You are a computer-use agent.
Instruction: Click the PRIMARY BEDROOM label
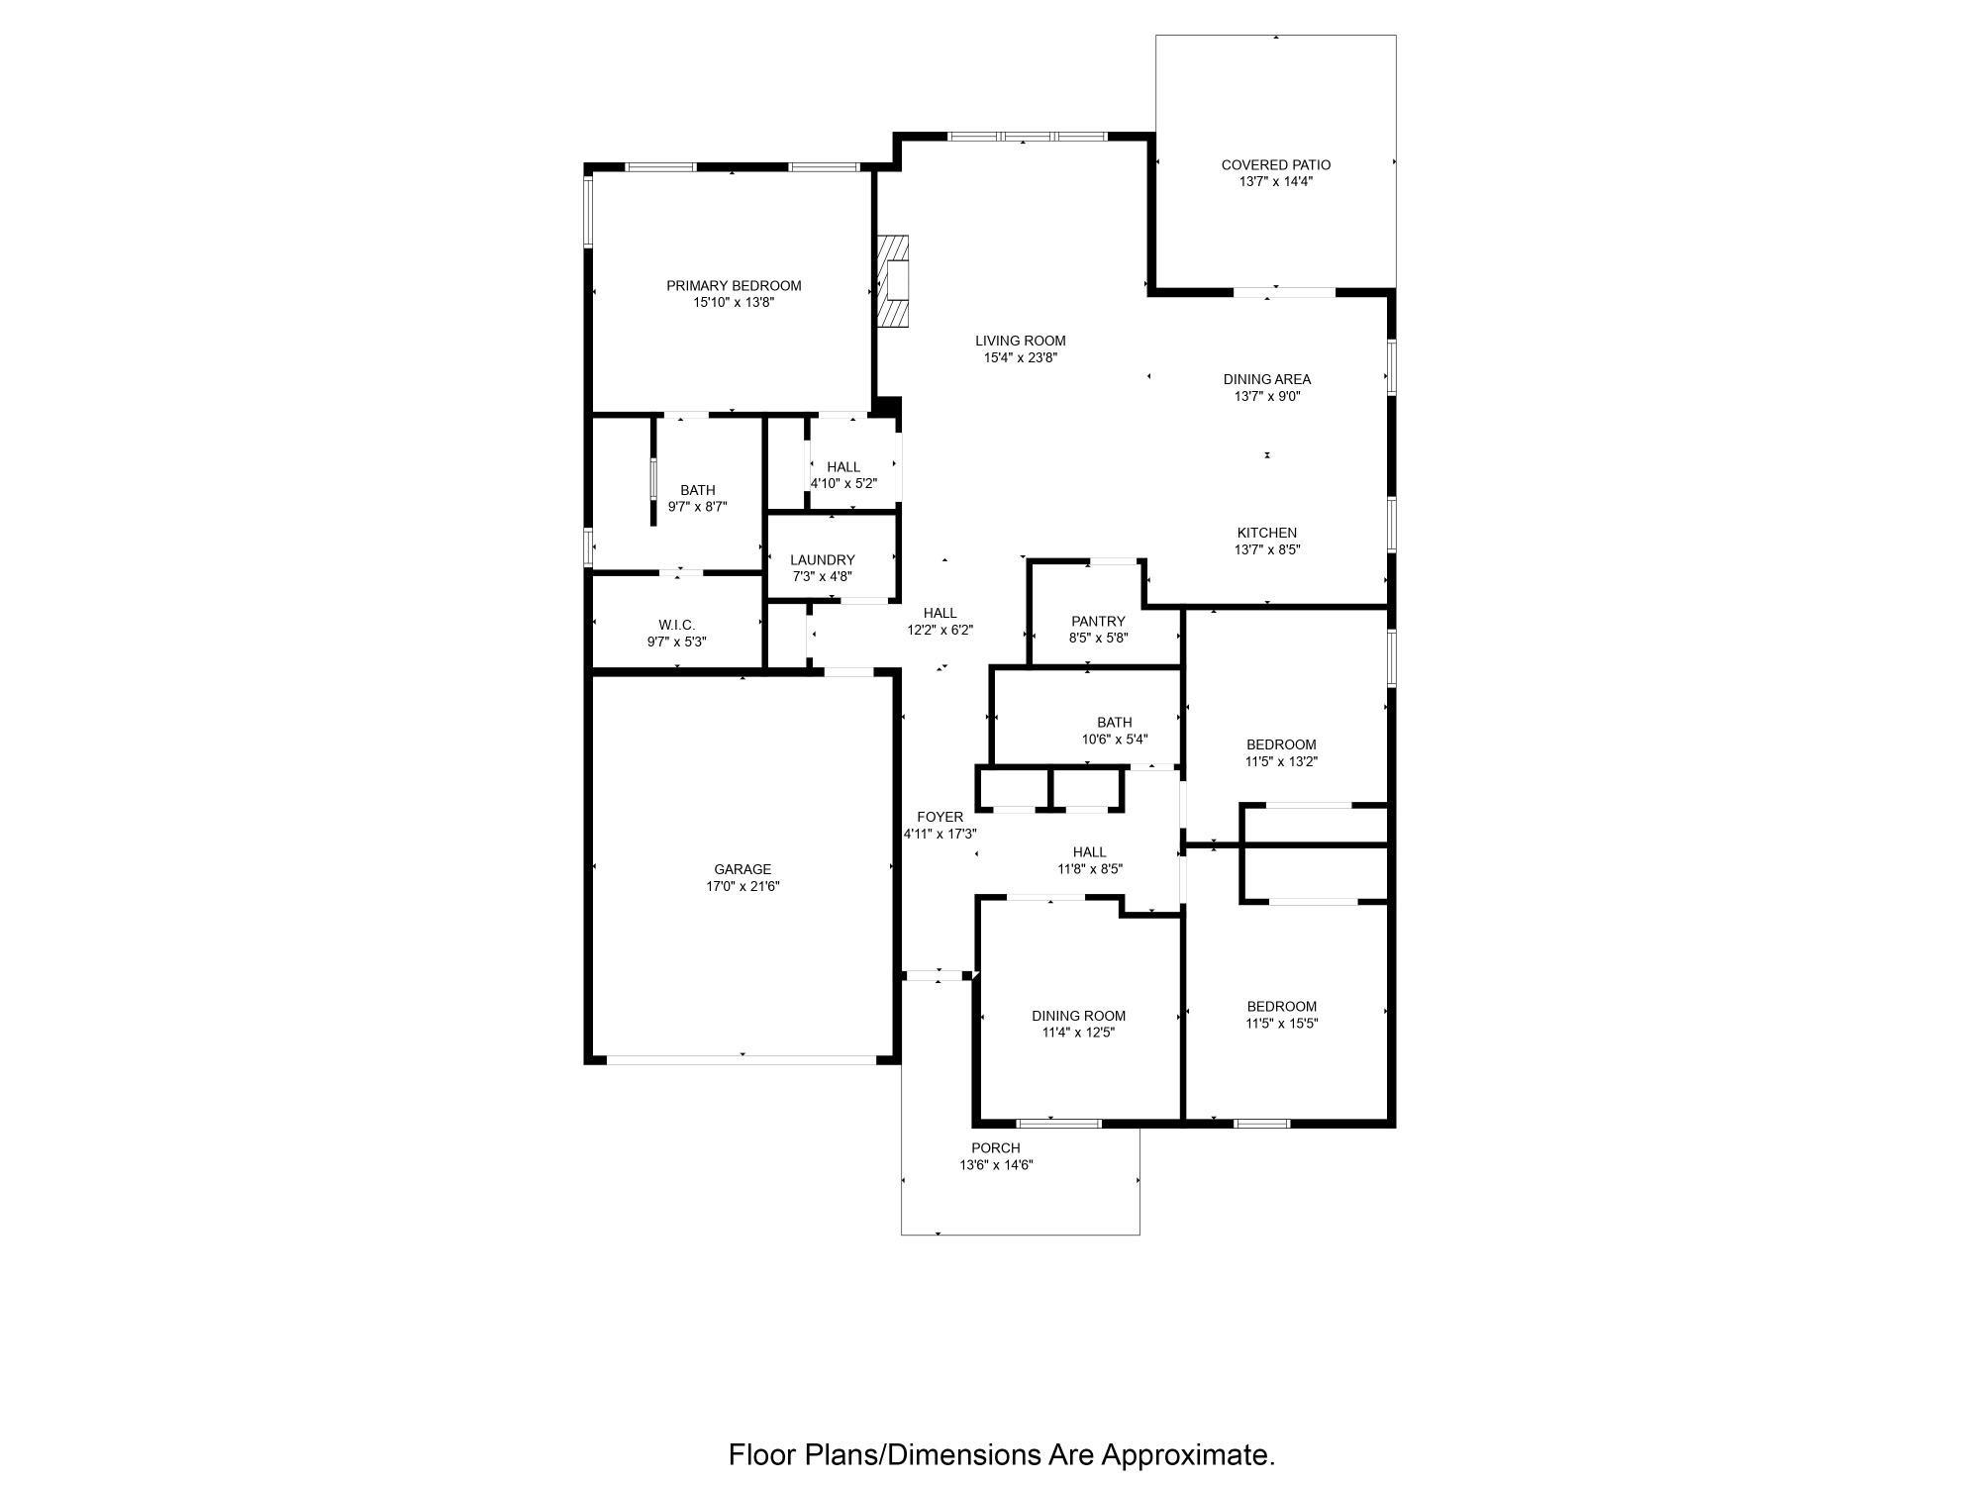[734, 286]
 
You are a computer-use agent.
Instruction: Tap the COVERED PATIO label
[1275, 165]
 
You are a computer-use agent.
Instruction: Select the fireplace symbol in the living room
[894, 281]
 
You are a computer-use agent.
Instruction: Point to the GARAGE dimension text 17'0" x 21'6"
[742, 887]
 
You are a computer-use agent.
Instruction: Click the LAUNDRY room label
[823, 560]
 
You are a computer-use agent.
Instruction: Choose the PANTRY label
[1098, 622]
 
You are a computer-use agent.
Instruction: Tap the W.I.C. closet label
[677, 625]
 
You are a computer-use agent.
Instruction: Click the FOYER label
[940, 817]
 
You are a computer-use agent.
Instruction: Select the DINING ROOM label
[1078, 1016]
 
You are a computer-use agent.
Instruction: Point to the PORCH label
[996, 1148]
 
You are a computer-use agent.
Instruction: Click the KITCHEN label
[1267, 533]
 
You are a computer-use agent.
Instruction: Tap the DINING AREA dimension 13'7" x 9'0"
[1267, 396]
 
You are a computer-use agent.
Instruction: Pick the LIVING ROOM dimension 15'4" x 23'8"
[1021, 358]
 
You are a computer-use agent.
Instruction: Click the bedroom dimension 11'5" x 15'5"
[1282, 1024]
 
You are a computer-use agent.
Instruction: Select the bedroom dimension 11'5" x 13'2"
[1282, 762]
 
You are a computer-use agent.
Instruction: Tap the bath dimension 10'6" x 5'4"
[1115, 740]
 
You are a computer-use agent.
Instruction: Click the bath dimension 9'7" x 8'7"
[698, 507]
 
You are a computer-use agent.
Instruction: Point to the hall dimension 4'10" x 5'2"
[843, 484]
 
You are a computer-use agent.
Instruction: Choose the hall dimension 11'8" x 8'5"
[1089, 869]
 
